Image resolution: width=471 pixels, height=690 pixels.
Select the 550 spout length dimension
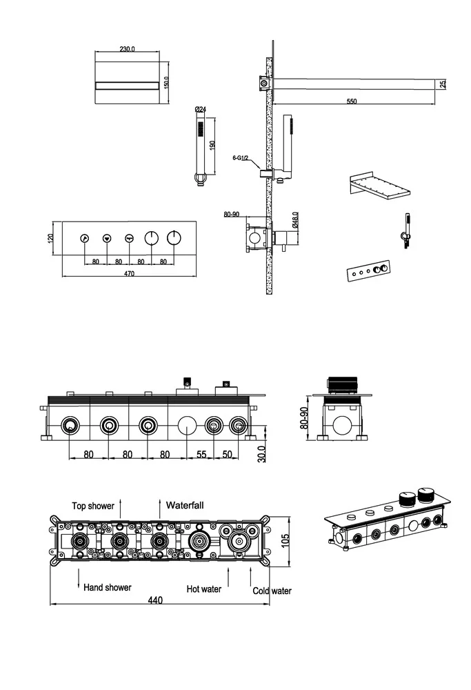(x=352, y=101)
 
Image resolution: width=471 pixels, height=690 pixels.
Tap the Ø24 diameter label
(x=201, y=110)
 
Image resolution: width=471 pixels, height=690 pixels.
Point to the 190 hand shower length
(x=213, y=145)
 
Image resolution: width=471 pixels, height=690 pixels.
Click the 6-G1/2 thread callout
(x=241, y=158)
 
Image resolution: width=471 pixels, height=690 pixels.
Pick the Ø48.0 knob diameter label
(x=294, y=220)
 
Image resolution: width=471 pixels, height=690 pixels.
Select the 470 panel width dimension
(x=129, y=274)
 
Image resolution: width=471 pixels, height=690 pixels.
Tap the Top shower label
(x=92, y=506)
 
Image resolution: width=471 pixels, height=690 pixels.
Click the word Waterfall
(x=184, y=505)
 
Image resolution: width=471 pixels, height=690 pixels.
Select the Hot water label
(x=203, y=589)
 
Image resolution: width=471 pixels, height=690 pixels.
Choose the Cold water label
(x=272, y=591)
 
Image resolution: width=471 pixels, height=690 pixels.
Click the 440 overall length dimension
(x=155, y=601)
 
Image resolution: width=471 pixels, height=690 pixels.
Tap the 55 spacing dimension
(x=201, y=454)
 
